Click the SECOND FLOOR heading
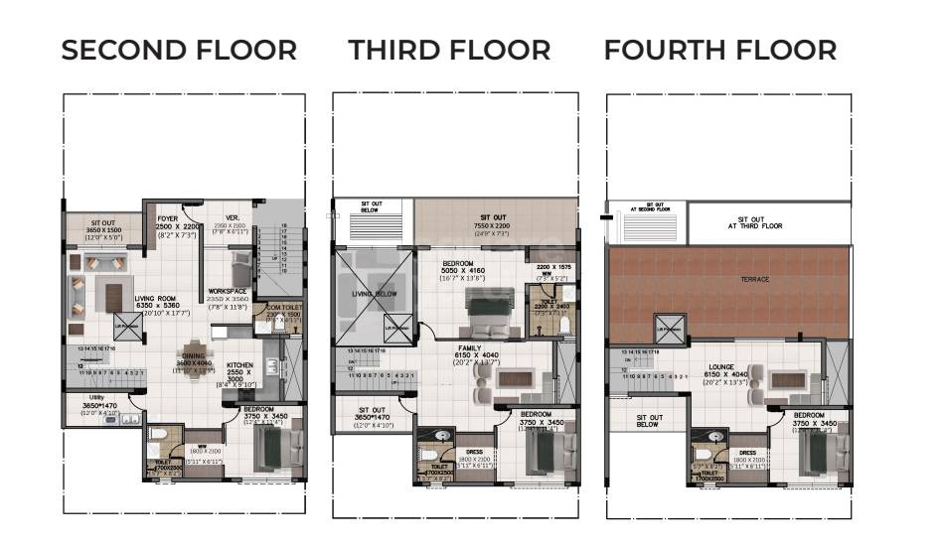click(179, 50)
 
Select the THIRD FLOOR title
click(449, 50)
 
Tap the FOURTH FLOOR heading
click(720, 50)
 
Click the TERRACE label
click(754, 280)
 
